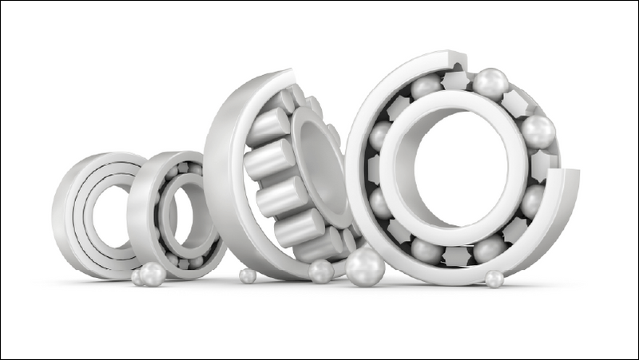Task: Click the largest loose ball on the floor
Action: [364, 266]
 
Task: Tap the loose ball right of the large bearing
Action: [494, 279]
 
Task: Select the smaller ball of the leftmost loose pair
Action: [137, 278]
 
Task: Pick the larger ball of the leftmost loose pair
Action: [152, 273]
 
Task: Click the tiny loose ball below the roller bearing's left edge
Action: [248, 275]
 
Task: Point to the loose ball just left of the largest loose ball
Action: [320, 271]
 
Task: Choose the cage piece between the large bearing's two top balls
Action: [458, 81]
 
